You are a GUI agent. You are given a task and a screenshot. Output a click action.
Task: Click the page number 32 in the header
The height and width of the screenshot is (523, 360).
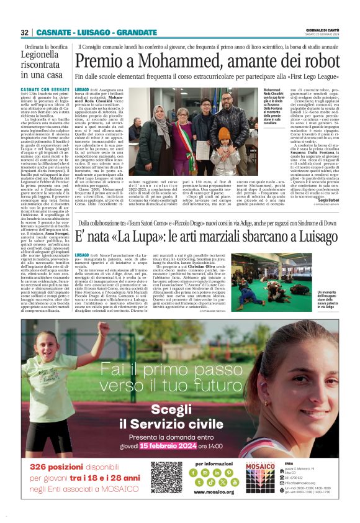24,32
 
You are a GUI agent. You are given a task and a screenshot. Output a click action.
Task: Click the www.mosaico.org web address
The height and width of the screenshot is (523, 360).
214,493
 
